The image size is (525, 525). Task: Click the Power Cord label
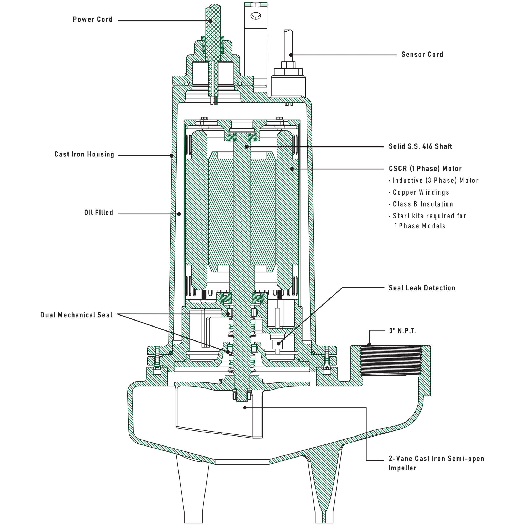[93, 19]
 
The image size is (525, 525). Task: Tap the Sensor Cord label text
[422, 54]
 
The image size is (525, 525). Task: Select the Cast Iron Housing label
[84, 154]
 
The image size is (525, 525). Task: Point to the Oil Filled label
[98, 213]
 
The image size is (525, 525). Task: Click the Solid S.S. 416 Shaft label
[420, 146]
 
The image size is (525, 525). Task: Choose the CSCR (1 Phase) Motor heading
[425, 169]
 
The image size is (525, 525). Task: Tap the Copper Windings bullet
[421, 192]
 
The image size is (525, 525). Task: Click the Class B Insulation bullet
[423, 204]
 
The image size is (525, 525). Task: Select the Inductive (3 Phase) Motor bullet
[435, 180]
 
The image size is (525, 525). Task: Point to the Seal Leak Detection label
[422, 288]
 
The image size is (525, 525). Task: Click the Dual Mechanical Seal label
[76, 315]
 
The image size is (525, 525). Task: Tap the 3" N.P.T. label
[402, 331]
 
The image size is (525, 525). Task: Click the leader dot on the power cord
[210, 21]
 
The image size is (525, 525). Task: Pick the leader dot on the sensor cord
[291, 55]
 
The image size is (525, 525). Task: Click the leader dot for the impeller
[245, 408]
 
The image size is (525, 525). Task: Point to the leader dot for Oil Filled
[179, 214]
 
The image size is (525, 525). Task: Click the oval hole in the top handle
[256, 16]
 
